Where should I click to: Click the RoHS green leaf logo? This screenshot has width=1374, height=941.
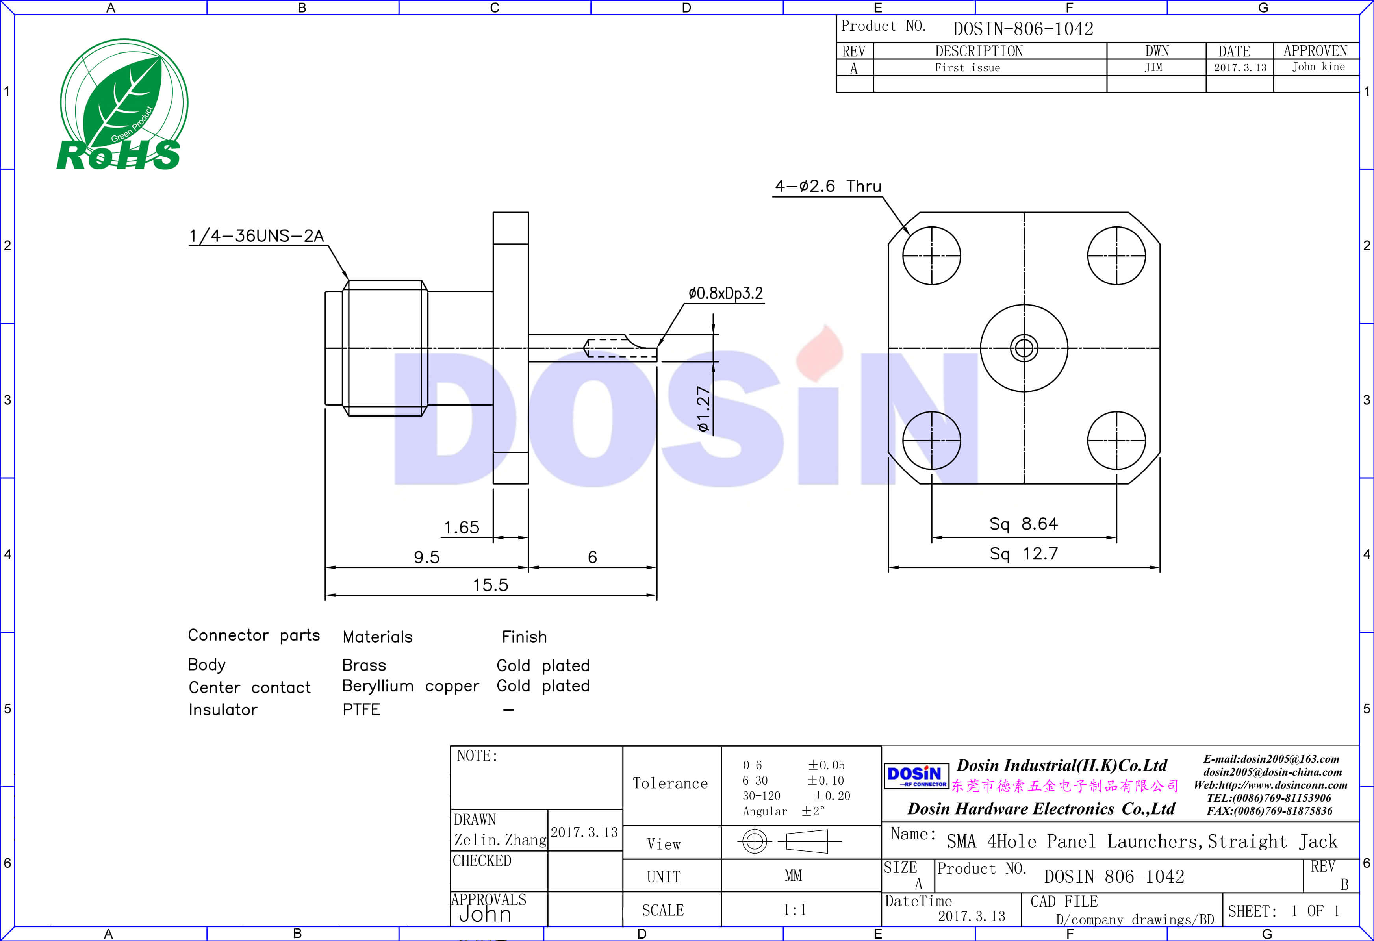tap(123, 105)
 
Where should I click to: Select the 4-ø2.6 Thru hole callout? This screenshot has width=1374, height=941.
tap(828, 186)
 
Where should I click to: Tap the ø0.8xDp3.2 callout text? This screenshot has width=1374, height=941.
tap(725, 293)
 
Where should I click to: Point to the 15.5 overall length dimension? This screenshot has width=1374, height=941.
tap(490, 585)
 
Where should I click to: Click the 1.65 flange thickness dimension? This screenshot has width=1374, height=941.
tap(461, 527)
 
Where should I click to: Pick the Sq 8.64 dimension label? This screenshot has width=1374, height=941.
tap(1024, 524)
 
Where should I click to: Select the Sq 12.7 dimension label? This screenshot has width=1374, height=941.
tap(1024, 554)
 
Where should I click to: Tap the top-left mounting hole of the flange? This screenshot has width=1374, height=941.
tap(931, 256)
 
